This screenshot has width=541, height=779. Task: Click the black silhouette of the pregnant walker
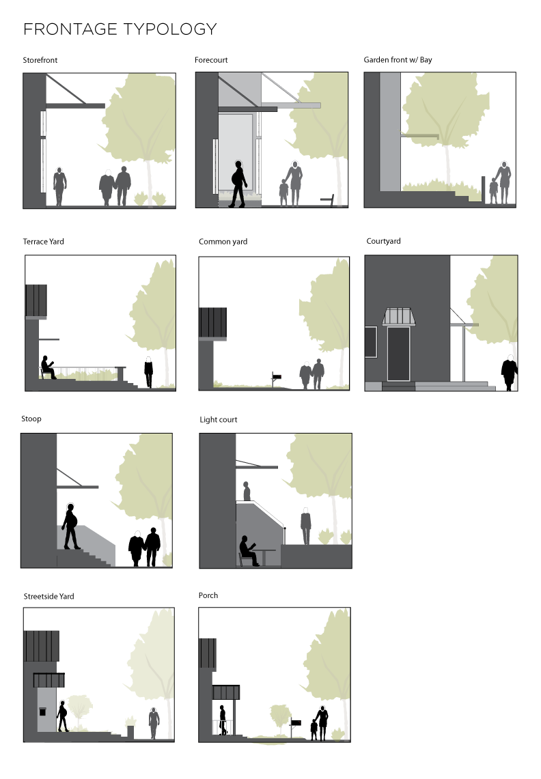(237, 183)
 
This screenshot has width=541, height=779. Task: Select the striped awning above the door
(398, 317)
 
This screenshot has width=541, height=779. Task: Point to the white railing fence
(222, 726)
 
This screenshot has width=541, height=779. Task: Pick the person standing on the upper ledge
(247, 492)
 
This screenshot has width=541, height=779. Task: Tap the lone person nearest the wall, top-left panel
(59, 186)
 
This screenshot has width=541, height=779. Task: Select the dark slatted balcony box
(212, 322)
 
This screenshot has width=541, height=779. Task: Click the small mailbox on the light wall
(42, 711)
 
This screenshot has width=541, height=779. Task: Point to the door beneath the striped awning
(398, 353)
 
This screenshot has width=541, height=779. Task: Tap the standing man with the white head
(305, 526)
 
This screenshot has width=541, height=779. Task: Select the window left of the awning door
(371, 341)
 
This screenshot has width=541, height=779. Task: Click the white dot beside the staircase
(137, 534)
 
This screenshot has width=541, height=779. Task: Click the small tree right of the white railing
(280, 718)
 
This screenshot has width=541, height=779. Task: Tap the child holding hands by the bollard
(493, 190)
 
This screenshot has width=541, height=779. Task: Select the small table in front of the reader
(265, 556)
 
